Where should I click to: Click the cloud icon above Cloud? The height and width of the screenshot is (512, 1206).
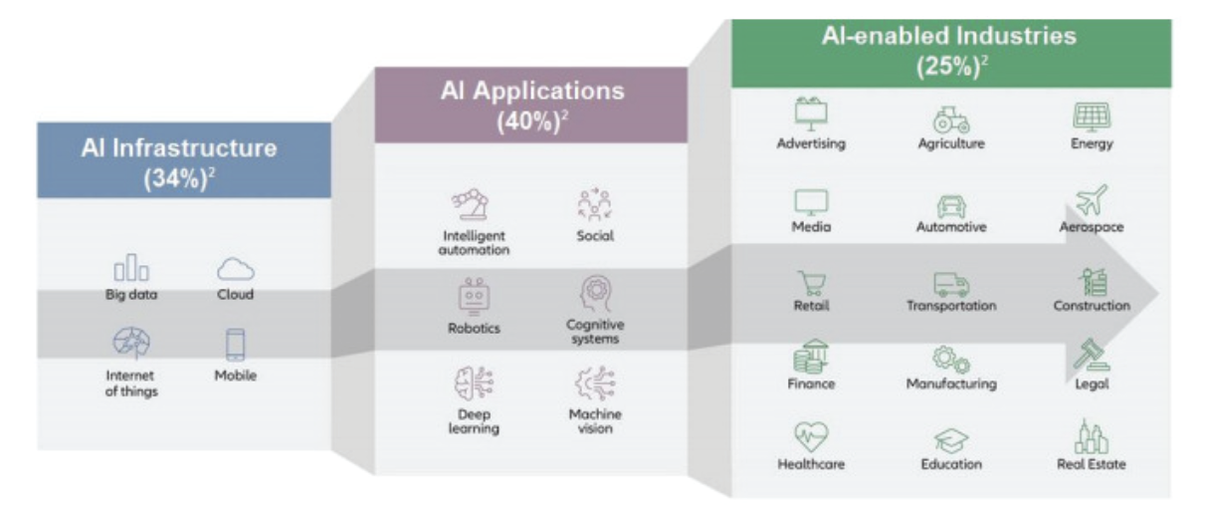click(236, 269)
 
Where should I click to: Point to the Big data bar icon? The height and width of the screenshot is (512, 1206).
click(131, 270)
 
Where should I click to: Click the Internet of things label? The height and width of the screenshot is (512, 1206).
click(131, 384)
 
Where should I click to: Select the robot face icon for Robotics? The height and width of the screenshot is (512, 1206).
click(473, 296)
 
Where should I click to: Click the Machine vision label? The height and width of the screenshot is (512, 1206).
click(595, 421)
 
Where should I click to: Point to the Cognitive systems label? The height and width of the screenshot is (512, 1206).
click(595, 332)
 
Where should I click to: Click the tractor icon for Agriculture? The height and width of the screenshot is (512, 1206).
click(950, 119)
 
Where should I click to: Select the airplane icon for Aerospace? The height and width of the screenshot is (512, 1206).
click(1091, 200)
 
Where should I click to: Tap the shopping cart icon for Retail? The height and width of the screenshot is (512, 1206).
click(810, 283)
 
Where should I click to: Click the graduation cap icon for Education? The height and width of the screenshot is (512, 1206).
click(950, 439)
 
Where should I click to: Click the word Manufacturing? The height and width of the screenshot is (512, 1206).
click(950, 384)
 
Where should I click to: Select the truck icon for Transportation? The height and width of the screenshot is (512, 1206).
click(950, 284)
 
